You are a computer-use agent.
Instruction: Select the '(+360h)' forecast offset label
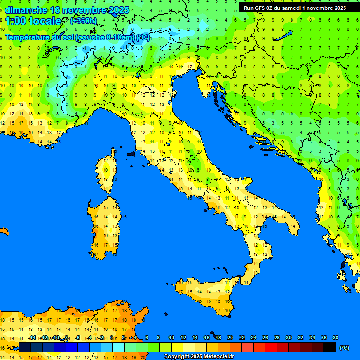coord(83,21)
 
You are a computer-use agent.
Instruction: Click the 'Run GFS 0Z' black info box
coord(294,7)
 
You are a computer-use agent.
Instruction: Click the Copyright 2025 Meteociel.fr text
coord(198,357)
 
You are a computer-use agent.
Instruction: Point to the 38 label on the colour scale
coord(335,337)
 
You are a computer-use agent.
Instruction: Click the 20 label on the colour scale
coord(230,337)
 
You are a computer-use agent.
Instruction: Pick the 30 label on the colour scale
coord(288,337)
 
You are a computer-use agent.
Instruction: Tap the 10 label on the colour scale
coord(171,337)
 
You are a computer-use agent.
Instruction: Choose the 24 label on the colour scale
coord(253,337)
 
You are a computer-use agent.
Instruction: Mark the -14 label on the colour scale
coord(32,337)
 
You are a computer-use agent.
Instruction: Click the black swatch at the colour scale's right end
coord(330,347)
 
